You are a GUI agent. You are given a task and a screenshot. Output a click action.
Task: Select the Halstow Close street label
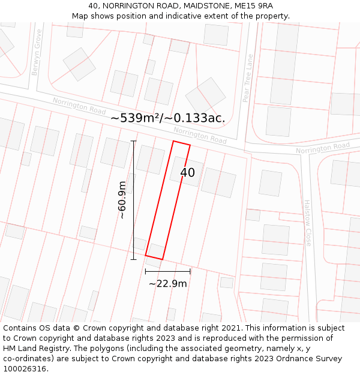click(x=308, y=223)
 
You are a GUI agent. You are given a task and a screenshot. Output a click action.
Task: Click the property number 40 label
click(x=187, y=173)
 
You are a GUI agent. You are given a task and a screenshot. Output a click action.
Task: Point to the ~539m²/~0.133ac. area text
click(x=168, y=118)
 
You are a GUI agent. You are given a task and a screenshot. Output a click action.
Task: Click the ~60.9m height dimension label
click(x=122, y=200)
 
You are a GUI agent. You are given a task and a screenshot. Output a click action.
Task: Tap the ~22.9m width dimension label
click(x=168, y=284)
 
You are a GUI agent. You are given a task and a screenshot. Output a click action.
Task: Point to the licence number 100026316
click(x=26, y=369)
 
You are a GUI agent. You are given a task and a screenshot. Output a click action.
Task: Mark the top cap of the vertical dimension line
click(x=133, y=141)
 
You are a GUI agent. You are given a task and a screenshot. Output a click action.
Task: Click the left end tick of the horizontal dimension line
click(x=146, y=271)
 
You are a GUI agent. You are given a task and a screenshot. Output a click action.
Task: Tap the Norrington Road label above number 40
click(x=200, y=135)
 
